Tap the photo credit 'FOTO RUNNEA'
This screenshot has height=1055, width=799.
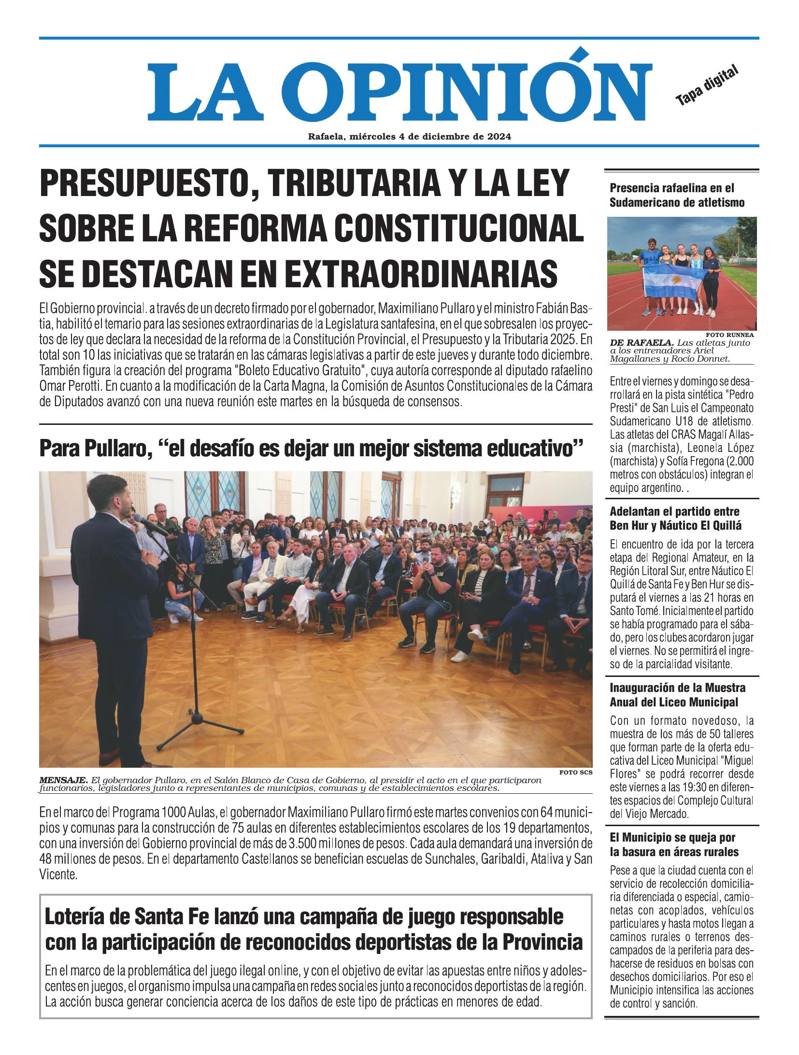click(730, 334)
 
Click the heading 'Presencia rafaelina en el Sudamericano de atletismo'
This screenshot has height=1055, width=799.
click(676, 195)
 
